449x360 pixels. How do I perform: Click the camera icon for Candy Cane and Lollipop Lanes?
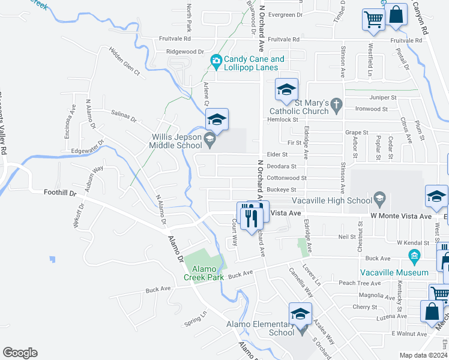[x=215, y=60]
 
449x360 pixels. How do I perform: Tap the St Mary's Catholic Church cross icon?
[x=337, y=106]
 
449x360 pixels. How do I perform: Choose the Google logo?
[x=20, y=353]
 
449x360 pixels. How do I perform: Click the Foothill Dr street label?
[x=61, y=193]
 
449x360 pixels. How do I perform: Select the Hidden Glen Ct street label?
[x=124, y=61]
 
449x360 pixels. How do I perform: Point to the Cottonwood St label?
[x=286, y=178]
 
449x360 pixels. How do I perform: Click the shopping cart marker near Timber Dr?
[x=373, y=19]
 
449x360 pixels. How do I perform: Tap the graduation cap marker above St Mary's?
[x=286, y=90]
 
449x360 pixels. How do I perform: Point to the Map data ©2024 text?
[x=423, y=355]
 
